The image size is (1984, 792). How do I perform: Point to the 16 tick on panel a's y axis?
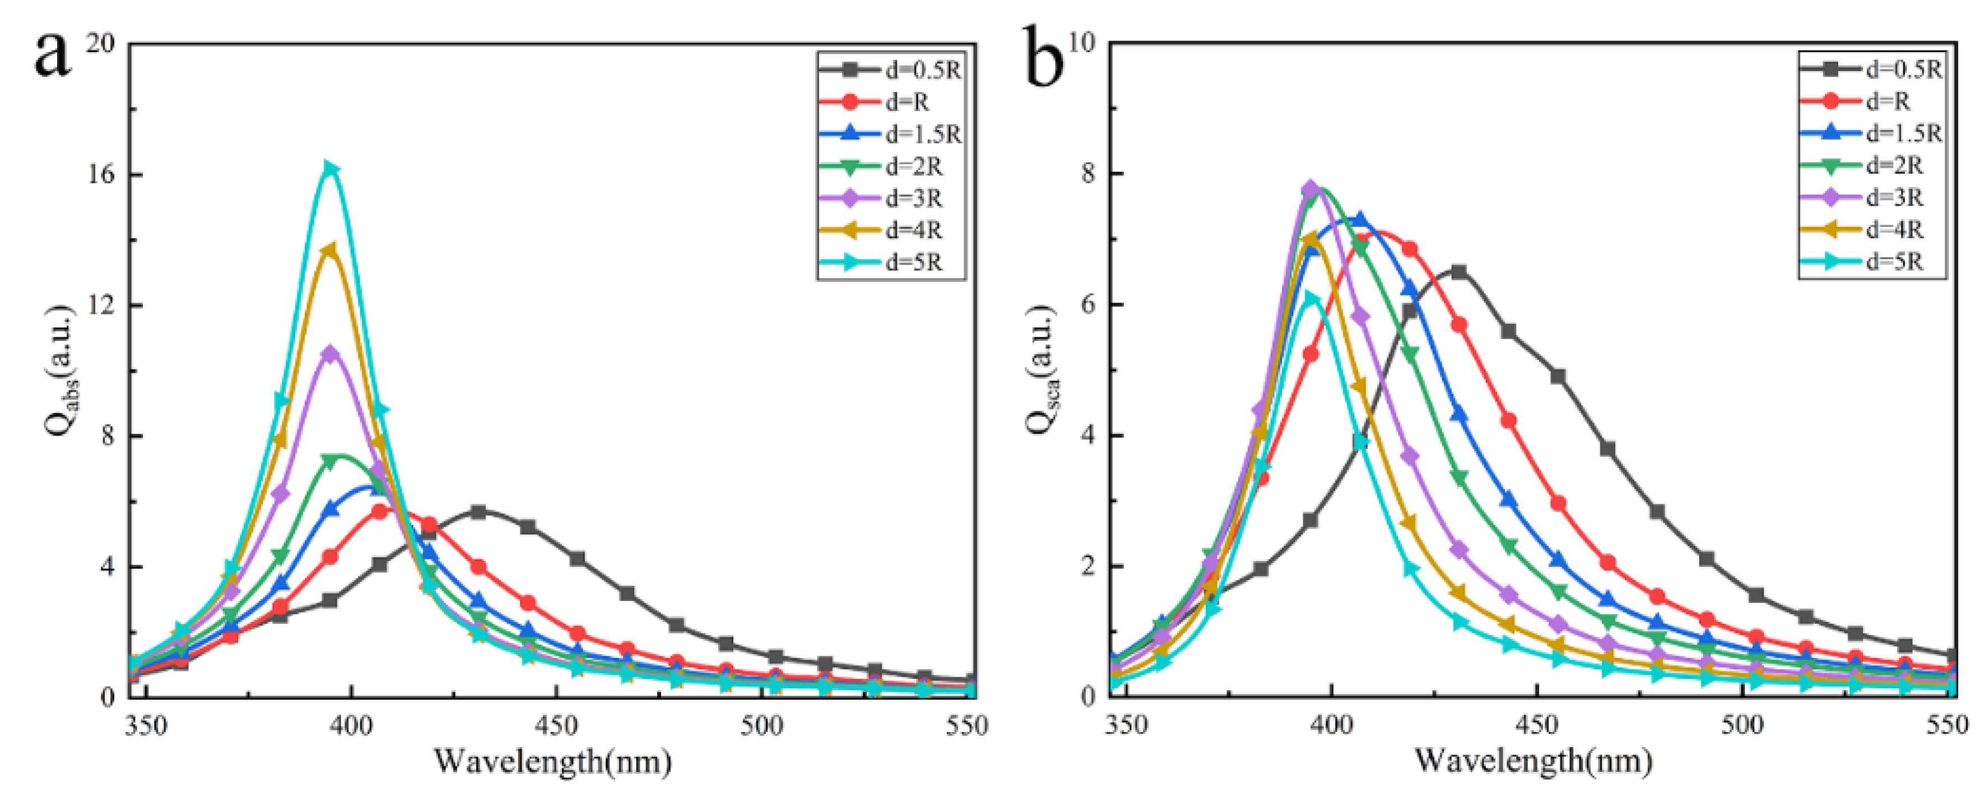coord(99,174)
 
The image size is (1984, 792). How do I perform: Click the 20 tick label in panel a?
coord(99,43)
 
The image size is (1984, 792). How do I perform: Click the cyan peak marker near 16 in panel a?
coord(331,169)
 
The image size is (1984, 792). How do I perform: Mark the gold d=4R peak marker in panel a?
coord(329,251)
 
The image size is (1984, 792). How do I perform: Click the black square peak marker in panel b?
coord(1458,272)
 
